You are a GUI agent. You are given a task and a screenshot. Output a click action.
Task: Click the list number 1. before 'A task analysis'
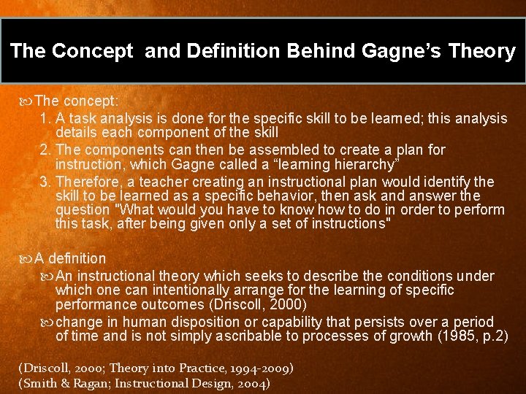45,118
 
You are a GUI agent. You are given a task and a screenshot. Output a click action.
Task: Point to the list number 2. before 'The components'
45,150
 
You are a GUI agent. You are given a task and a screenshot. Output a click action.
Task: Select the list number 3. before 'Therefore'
45,182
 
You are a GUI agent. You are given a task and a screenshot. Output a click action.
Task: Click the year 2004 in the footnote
252,383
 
